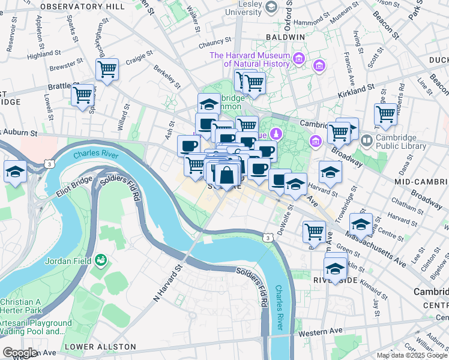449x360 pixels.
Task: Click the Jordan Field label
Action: [x=67, y=261]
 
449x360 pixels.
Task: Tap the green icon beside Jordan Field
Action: [x=101, y=260]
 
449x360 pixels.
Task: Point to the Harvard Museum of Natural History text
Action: [x=249, y=59]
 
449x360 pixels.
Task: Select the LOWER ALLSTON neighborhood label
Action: [x=100, y=347]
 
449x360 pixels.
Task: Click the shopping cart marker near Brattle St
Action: [x=82, y=94]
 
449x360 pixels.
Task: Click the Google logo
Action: [x=20, y=353]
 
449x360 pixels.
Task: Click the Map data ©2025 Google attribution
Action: [x=412, y=355]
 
